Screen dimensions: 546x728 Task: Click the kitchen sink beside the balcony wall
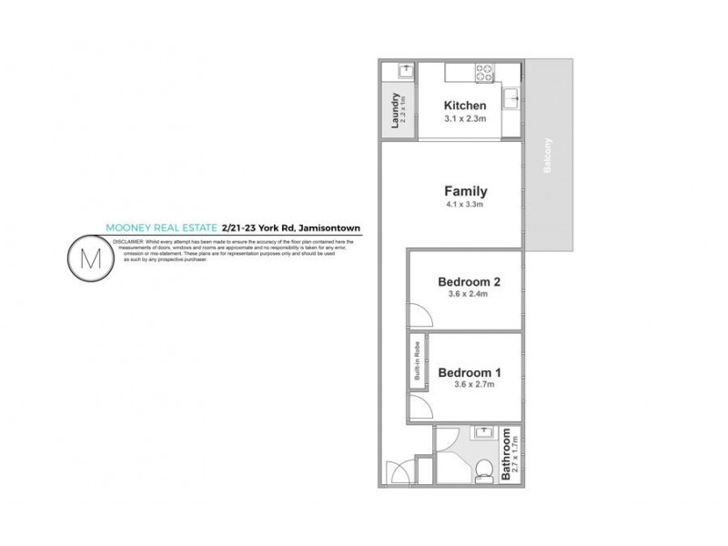point(513,95)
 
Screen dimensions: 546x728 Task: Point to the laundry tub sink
point(399,71)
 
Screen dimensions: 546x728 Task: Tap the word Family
point(465,192)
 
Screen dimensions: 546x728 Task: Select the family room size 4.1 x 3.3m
point(465,206)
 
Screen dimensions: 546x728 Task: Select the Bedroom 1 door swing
point(420,406)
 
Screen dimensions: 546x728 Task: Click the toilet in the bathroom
point(483,469)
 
